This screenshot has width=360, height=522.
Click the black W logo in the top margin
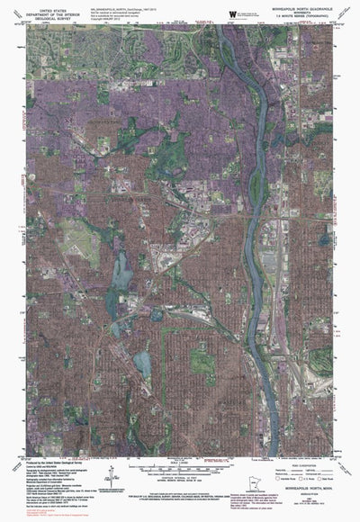click(x=233, y=13)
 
